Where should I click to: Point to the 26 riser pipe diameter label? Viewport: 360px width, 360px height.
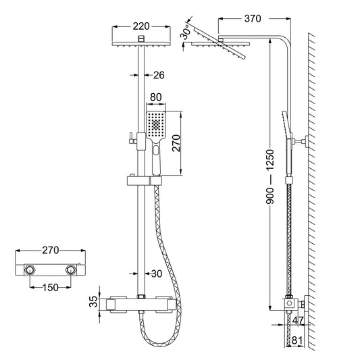point(159,74)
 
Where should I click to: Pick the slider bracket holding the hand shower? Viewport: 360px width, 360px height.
point(140,180)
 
